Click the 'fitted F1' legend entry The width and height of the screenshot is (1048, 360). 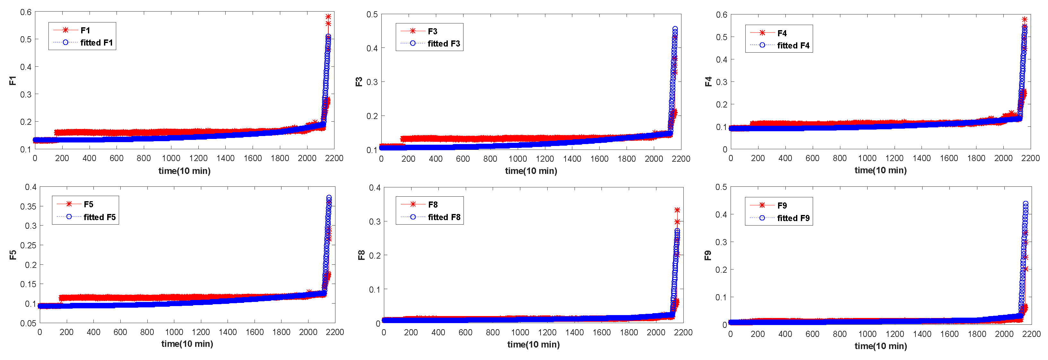96,43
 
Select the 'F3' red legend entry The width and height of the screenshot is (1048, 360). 432,31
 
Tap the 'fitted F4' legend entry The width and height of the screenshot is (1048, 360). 793,46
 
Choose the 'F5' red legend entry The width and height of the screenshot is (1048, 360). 88,204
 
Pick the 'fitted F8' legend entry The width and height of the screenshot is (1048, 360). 444,217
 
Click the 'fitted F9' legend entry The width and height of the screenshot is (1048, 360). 793,218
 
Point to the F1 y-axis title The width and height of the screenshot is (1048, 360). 13,81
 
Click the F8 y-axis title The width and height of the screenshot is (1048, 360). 361,255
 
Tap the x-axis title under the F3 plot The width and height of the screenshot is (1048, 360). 531,171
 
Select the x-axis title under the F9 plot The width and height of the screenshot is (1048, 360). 880,346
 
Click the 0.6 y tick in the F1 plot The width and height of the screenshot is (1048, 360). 26,12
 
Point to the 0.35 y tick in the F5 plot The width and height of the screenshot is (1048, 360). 28,206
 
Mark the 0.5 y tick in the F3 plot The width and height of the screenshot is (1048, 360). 372,15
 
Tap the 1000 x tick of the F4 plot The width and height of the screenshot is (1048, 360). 867,158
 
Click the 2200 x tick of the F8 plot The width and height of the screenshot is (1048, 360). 683,332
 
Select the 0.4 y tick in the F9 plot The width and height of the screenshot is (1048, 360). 721,214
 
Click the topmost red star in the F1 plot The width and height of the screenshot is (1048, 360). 328,17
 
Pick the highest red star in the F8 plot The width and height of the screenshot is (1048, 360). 677,210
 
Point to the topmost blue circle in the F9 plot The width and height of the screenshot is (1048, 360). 1026,204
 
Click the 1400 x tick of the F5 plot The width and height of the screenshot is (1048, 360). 228,332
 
